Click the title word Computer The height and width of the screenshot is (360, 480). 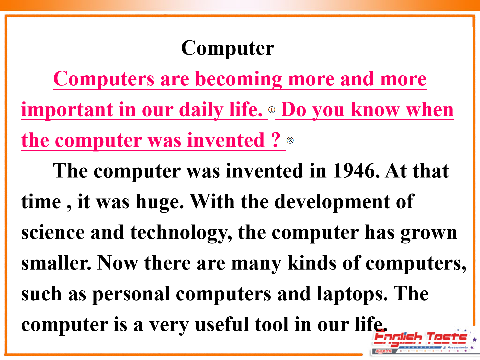coord(227,49)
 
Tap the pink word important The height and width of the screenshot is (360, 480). coord(67,110)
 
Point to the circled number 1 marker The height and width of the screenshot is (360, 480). coord(272,110)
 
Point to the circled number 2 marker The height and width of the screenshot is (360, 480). coord(290,140)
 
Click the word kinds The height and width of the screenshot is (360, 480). coord(312,263)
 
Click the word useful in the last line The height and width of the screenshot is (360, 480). coord(222,324)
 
